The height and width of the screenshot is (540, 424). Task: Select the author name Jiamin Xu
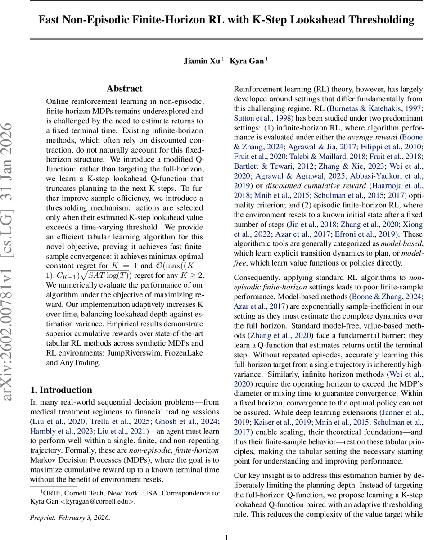click(202, 61)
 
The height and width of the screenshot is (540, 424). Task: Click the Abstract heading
click(125, 89)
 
